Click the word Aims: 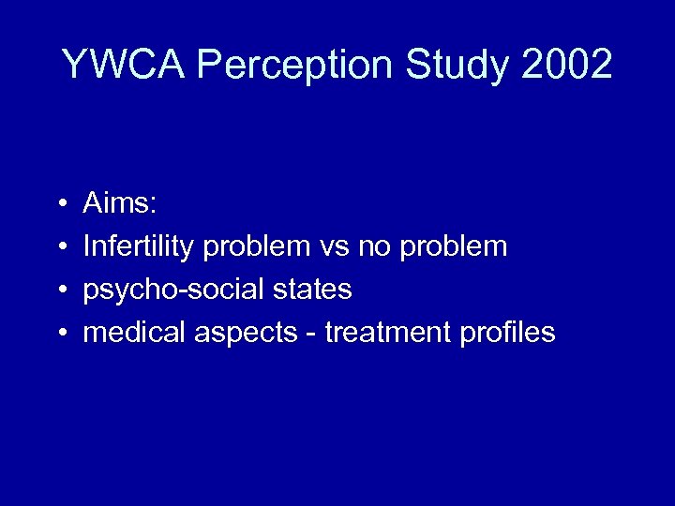tap(116, 203)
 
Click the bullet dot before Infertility tap(60, 247)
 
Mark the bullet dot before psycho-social tap(60, 290)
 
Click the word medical tap(134, 332)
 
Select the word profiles tap(509, 332)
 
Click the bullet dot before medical tap(60, 334)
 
